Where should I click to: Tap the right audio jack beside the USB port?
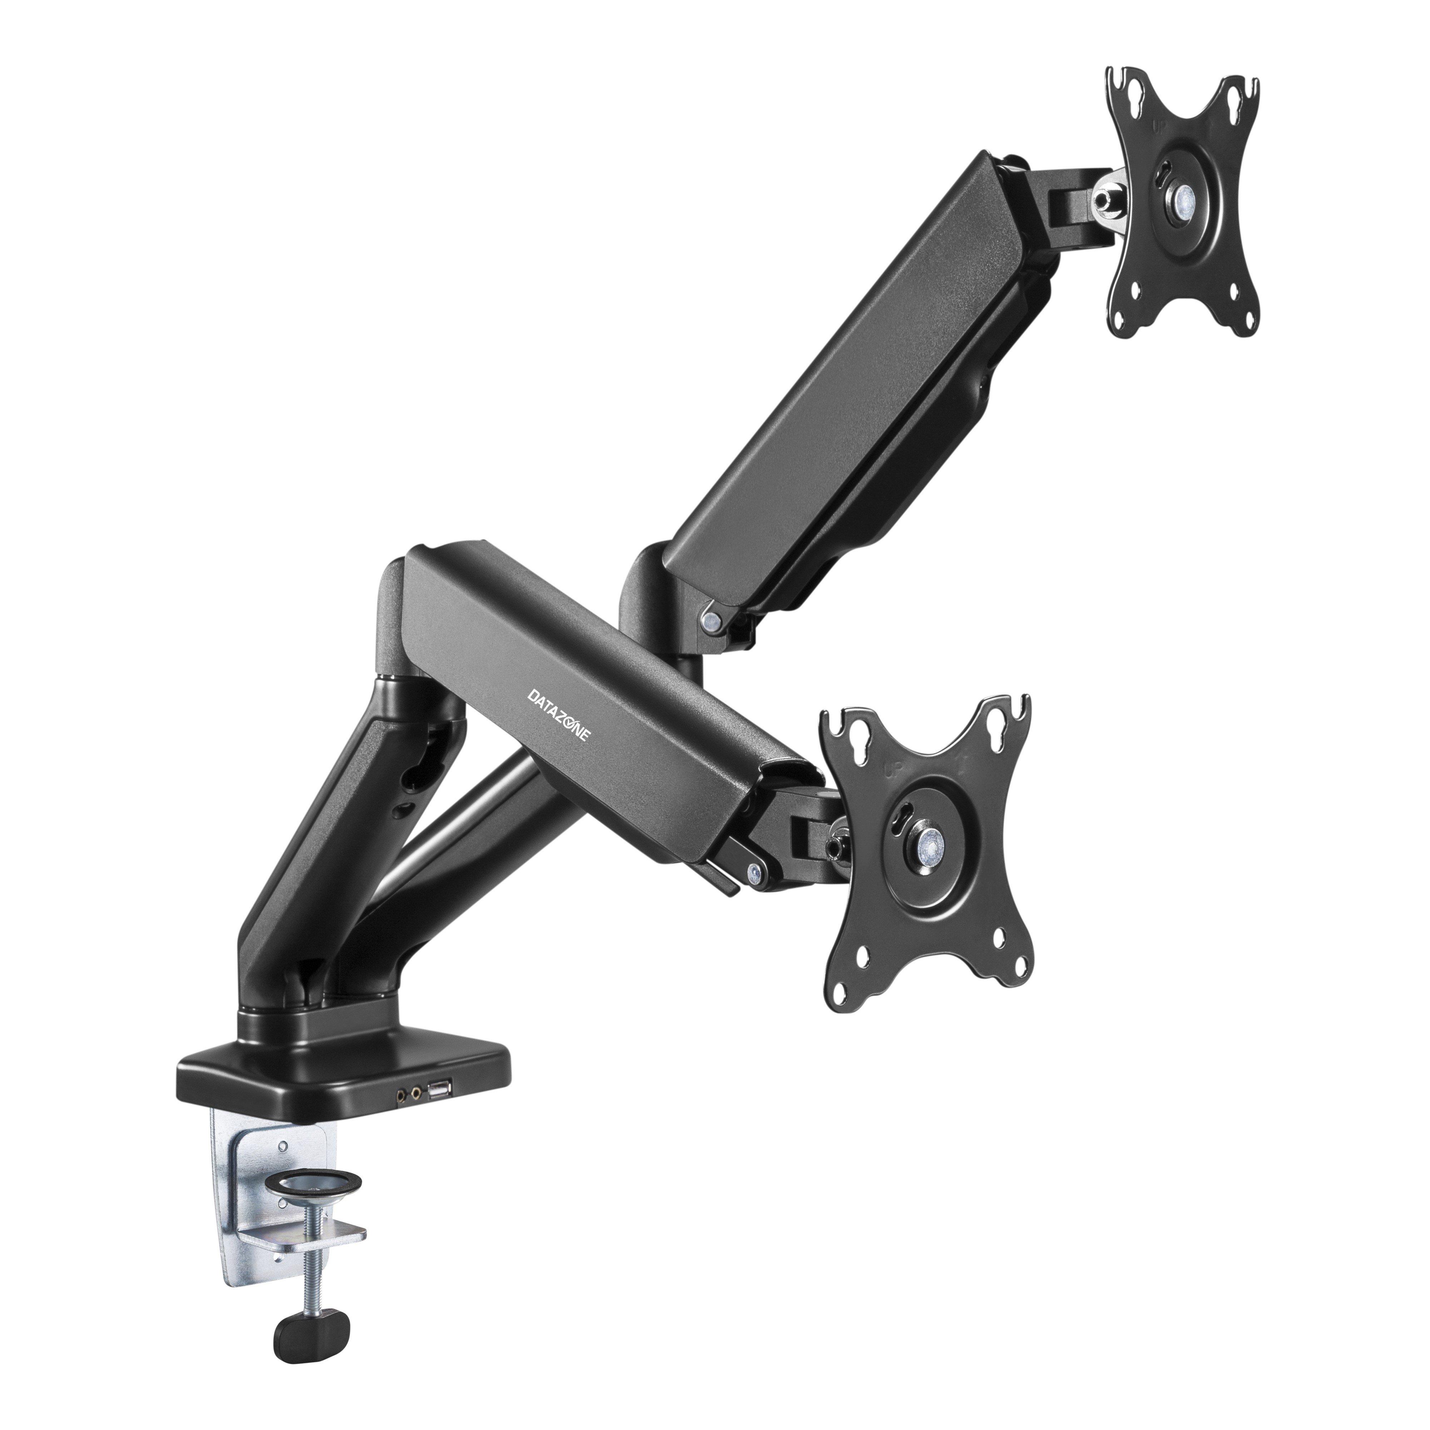click(x=419, y=1112)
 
